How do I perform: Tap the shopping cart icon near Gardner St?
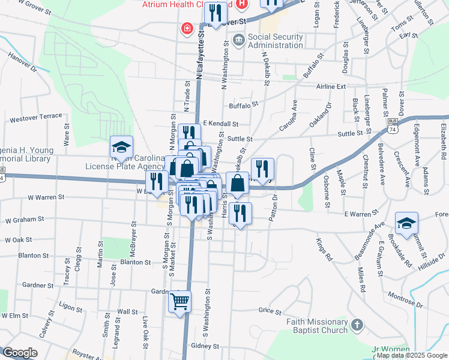(179, 301)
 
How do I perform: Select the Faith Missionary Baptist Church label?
(318, 325)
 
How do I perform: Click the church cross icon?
(357, 325)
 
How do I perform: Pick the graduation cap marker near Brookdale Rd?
(406, 224)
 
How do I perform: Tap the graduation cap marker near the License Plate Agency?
(121, 148)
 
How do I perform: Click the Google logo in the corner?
(20, 353)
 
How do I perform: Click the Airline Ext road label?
(333, 86)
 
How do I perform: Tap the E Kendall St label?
(220, 124)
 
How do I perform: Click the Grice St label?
(270, 311)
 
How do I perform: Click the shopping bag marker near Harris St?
(238, 184)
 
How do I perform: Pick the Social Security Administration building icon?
(238, 41)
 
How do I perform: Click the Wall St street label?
(127, 311)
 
